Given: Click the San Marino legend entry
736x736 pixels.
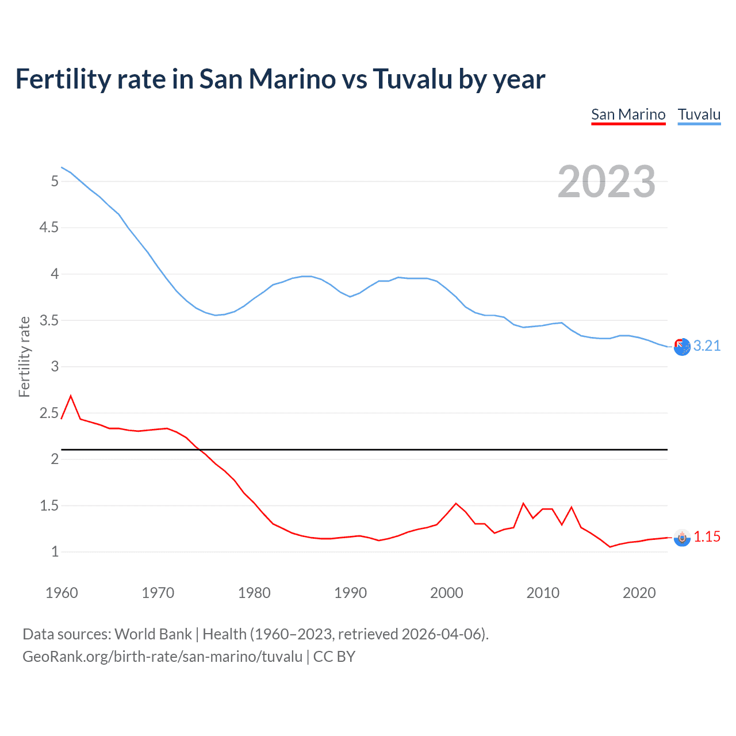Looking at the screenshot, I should pos(628,114).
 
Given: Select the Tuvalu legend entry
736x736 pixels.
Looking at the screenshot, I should pos(699,114).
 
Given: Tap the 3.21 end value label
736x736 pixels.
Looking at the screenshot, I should pos(707,346).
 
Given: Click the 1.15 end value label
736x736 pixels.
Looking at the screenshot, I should pos(707,536).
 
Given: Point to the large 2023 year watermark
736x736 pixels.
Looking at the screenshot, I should pos(607,182).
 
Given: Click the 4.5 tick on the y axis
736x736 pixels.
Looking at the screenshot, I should pos(49,228).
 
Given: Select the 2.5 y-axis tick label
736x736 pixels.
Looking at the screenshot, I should pos(49,413).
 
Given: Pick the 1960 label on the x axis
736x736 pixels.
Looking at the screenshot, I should pos(62,593).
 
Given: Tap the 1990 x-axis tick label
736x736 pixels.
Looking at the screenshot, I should pos(350,593).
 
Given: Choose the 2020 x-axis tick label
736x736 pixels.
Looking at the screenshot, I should pos(639,593).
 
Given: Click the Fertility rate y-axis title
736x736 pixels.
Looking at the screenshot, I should pos(24,356).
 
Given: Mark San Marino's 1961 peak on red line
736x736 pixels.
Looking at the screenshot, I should pos(71,396).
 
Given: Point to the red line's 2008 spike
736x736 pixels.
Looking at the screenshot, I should pos(523,504).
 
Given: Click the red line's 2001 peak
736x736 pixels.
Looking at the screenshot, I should pos(456,504).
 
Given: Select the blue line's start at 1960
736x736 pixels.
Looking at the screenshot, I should pos(62,167).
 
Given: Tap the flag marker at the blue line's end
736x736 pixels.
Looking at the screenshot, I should pos(682,347).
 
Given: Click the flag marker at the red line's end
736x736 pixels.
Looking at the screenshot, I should pos(682,538).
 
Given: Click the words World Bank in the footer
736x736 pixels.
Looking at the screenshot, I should pos(153,634).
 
